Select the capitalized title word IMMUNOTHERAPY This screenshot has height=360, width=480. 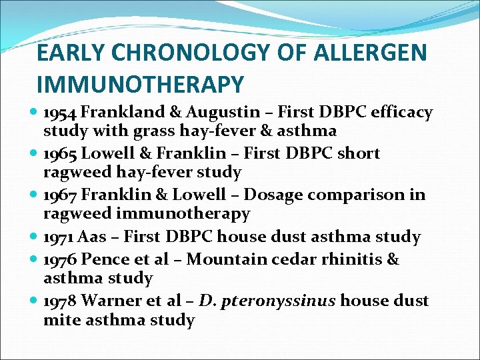[x=141, y=85]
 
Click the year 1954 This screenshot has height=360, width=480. [x=61, y=112]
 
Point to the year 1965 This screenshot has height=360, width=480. [x=61, y=153]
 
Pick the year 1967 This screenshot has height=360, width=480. [x=61, y=195]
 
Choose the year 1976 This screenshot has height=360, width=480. [x=61, y=259]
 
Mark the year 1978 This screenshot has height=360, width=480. [x=61, y=301]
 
